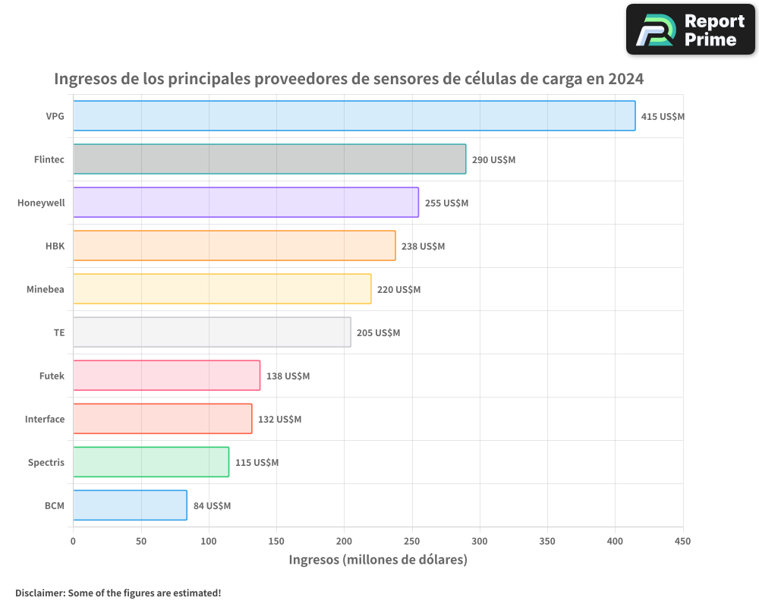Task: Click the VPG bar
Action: [354, 116]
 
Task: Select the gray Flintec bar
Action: [269, 159]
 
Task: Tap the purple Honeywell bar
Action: [246, 203]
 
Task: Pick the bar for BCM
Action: [130, 505]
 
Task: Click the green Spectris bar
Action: [151, 462]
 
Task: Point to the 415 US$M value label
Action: [663, 117]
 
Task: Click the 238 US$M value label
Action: [423, 247]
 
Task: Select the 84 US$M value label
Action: [212, 506]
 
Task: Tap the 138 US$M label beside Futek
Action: [288, 376]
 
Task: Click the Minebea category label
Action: [46, 289]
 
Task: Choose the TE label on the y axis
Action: [59, 332]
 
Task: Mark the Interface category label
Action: [45, 419]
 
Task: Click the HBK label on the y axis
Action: [55, 246]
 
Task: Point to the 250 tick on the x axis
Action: [412, 541]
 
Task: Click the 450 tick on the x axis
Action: [683, 541]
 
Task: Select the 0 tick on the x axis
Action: [73, 541]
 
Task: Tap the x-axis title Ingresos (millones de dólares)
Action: [378, 560]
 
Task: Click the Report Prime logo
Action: [690, 30]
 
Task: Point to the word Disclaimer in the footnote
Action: [39, 593]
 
